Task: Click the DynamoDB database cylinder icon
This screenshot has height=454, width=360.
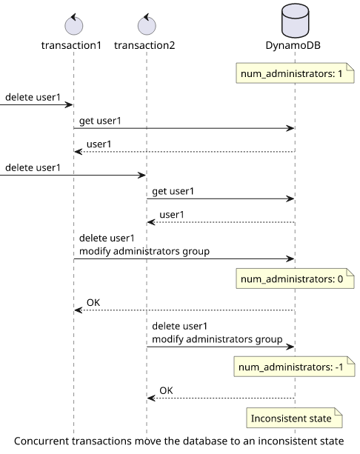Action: coord(295,21)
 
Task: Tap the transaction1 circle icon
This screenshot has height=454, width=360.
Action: coord(74,24)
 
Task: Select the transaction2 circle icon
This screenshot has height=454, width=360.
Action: coord(147,24)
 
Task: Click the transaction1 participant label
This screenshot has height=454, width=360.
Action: coord(71,45)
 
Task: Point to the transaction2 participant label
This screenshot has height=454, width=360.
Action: coord(144,45)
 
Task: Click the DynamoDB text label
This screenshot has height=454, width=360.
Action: coord(293,45)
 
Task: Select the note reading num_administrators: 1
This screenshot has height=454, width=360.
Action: coord(295,73)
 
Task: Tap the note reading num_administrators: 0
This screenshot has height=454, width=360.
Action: coord(295,278)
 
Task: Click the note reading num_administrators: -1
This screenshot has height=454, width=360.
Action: coord(295,367)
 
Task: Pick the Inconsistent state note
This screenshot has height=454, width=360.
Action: coord(294,418)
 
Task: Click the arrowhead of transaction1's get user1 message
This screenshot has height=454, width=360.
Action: coord(290,128)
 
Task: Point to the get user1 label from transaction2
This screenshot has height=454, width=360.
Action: coord(173,192)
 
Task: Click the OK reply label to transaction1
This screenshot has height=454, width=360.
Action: coord(93,303)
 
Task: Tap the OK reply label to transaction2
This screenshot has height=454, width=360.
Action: coord(166,390)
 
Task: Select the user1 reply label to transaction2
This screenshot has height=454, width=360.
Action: coord(172,215)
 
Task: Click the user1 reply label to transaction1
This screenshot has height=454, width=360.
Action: coord(99,144)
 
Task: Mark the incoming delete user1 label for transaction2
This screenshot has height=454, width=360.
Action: coord(33,167)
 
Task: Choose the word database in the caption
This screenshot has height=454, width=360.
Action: coord(205,441)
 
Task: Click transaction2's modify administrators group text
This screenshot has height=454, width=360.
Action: coord(217,339)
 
